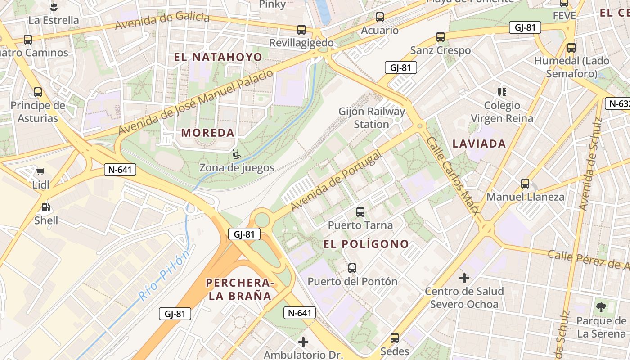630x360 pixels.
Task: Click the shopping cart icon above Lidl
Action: [x=40, y=171]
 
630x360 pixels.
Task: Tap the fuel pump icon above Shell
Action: [x=45, y=207]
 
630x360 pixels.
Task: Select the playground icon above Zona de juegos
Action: [x=236, y=154]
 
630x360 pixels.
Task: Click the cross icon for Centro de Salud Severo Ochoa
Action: [x=464, y=278]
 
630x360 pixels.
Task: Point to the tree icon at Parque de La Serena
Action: [x=601, y=308]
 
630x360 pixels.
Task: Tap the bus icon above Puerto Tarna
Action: [x=360, y=211]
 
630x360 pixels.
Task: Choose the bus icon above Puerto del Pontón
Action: [x=352, y=268]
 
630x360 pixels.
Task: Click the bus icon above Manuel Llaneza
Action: [x=525, y=184]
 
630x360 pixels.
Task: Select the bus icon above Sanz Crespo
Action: [x=440, y=37]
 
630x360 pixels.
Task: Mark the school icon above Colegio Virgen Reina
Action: [x=502, y=92]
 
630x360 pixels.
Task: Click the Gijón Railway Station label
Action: [x=372, y=117]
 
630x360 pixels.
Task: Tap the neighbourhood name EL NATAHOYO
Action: [x=218, y=57]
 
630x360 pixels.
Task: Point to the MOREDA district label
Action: [x=208, y=133]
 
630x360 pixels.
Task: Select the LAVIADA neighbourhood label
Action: [x=479, y=144]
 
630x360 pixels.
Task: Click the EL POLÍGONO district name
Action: [x=366, y=244]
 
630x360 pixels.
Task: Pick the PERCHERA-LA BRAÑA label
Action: [x=239, y=289]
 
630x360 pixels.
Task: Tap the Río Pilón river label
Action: [x=163, y=276]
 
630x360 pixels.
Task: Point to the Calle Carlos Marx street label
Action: [x=452, y=176]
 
